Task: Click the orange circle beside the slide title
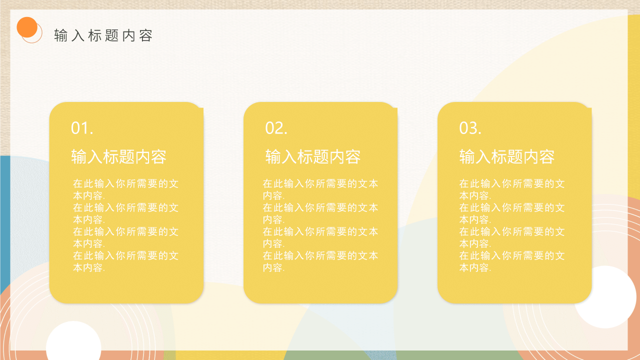(27, 27)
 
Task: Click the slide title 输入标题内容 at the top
(103, 35)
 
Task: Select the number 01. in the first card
(82, 128)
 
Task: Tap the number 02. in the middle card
(276, 128)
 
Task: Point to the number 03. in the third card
(470, 128)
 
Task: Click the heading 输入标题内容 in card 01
(118, 157)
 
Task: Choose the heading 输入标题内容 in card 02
(312, 157)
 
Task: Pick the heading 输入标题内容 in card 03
(506, 157)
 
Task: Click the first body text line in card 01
(125, 183)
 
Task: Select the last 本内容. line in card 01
(89, 268)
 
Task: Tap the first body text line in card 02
(320, 183)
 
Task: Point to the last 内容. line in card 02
(273, 268)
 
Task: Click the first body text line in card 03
(512, 183)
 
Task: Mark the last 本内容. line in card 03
(475, 268)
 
